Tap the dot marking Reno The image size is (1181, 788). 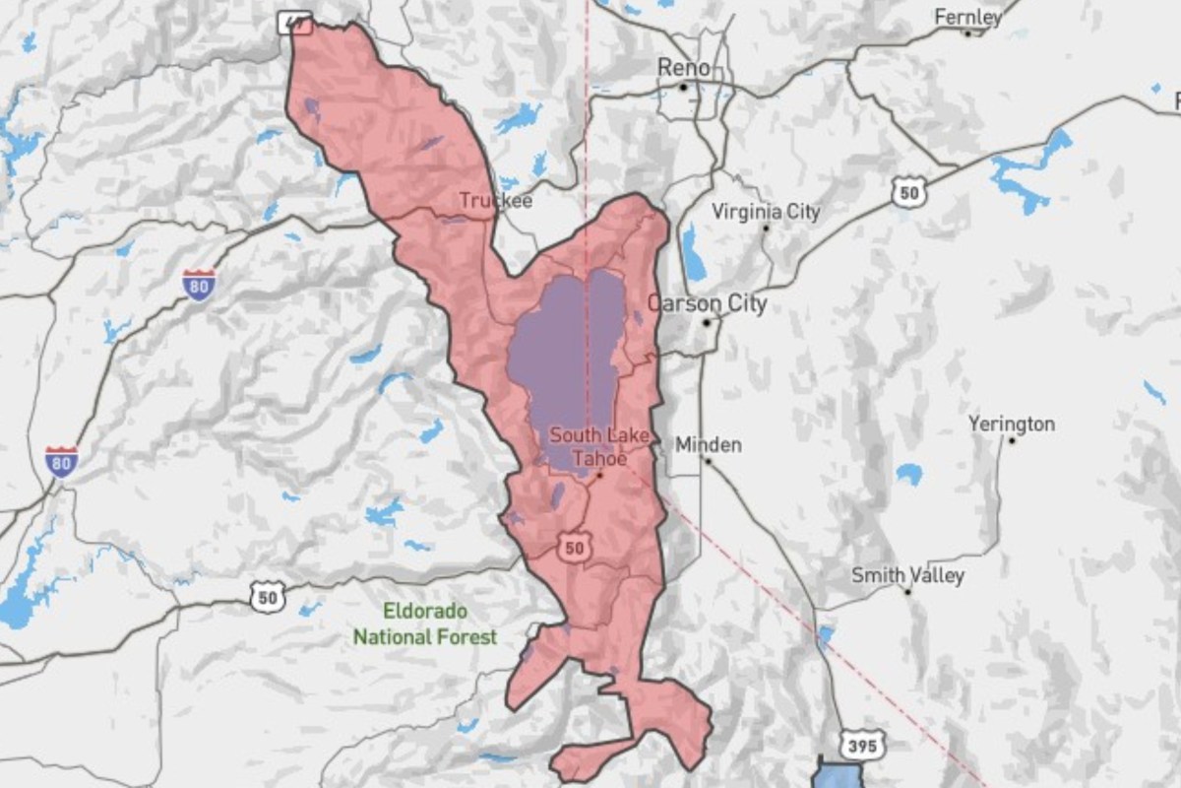(x=683, y=88)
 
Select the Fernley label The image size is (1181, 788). (x=968, y=17)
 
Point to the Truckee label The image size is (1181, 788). (x=496, y=200)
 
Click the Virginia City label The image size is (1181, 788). (x=765, y=212)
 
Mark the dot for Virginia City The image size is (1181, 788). (x=766, y=229)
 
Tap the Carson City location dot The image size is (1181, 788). (x=707, y=322)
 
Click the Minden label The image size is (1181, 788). (x=709, y=445)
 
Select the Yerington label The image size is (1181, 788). (x=1011, y=424)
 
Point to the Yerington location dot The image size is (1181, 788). (x=1012, y=439)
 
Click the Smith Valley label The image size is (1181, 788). (x=907, y=575)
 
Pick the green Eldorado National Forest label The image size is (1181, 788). (x=425, y=624)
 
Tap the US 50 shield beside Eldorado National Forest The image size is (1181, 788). (x=266, y=595)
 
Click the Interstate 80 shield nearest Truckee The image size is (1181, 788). (x=199, y=284)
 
